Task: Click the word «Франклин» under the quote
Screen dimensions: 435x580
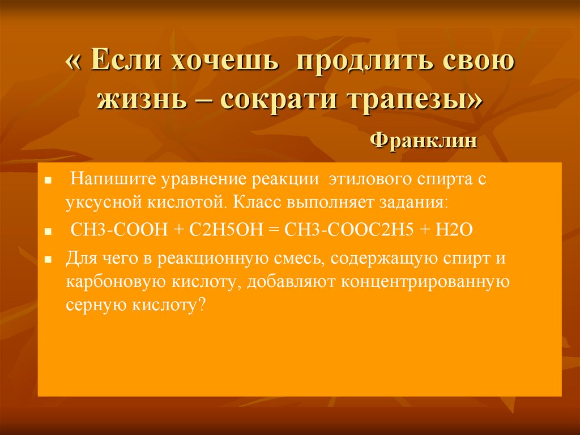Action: (x=423, y=140)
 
